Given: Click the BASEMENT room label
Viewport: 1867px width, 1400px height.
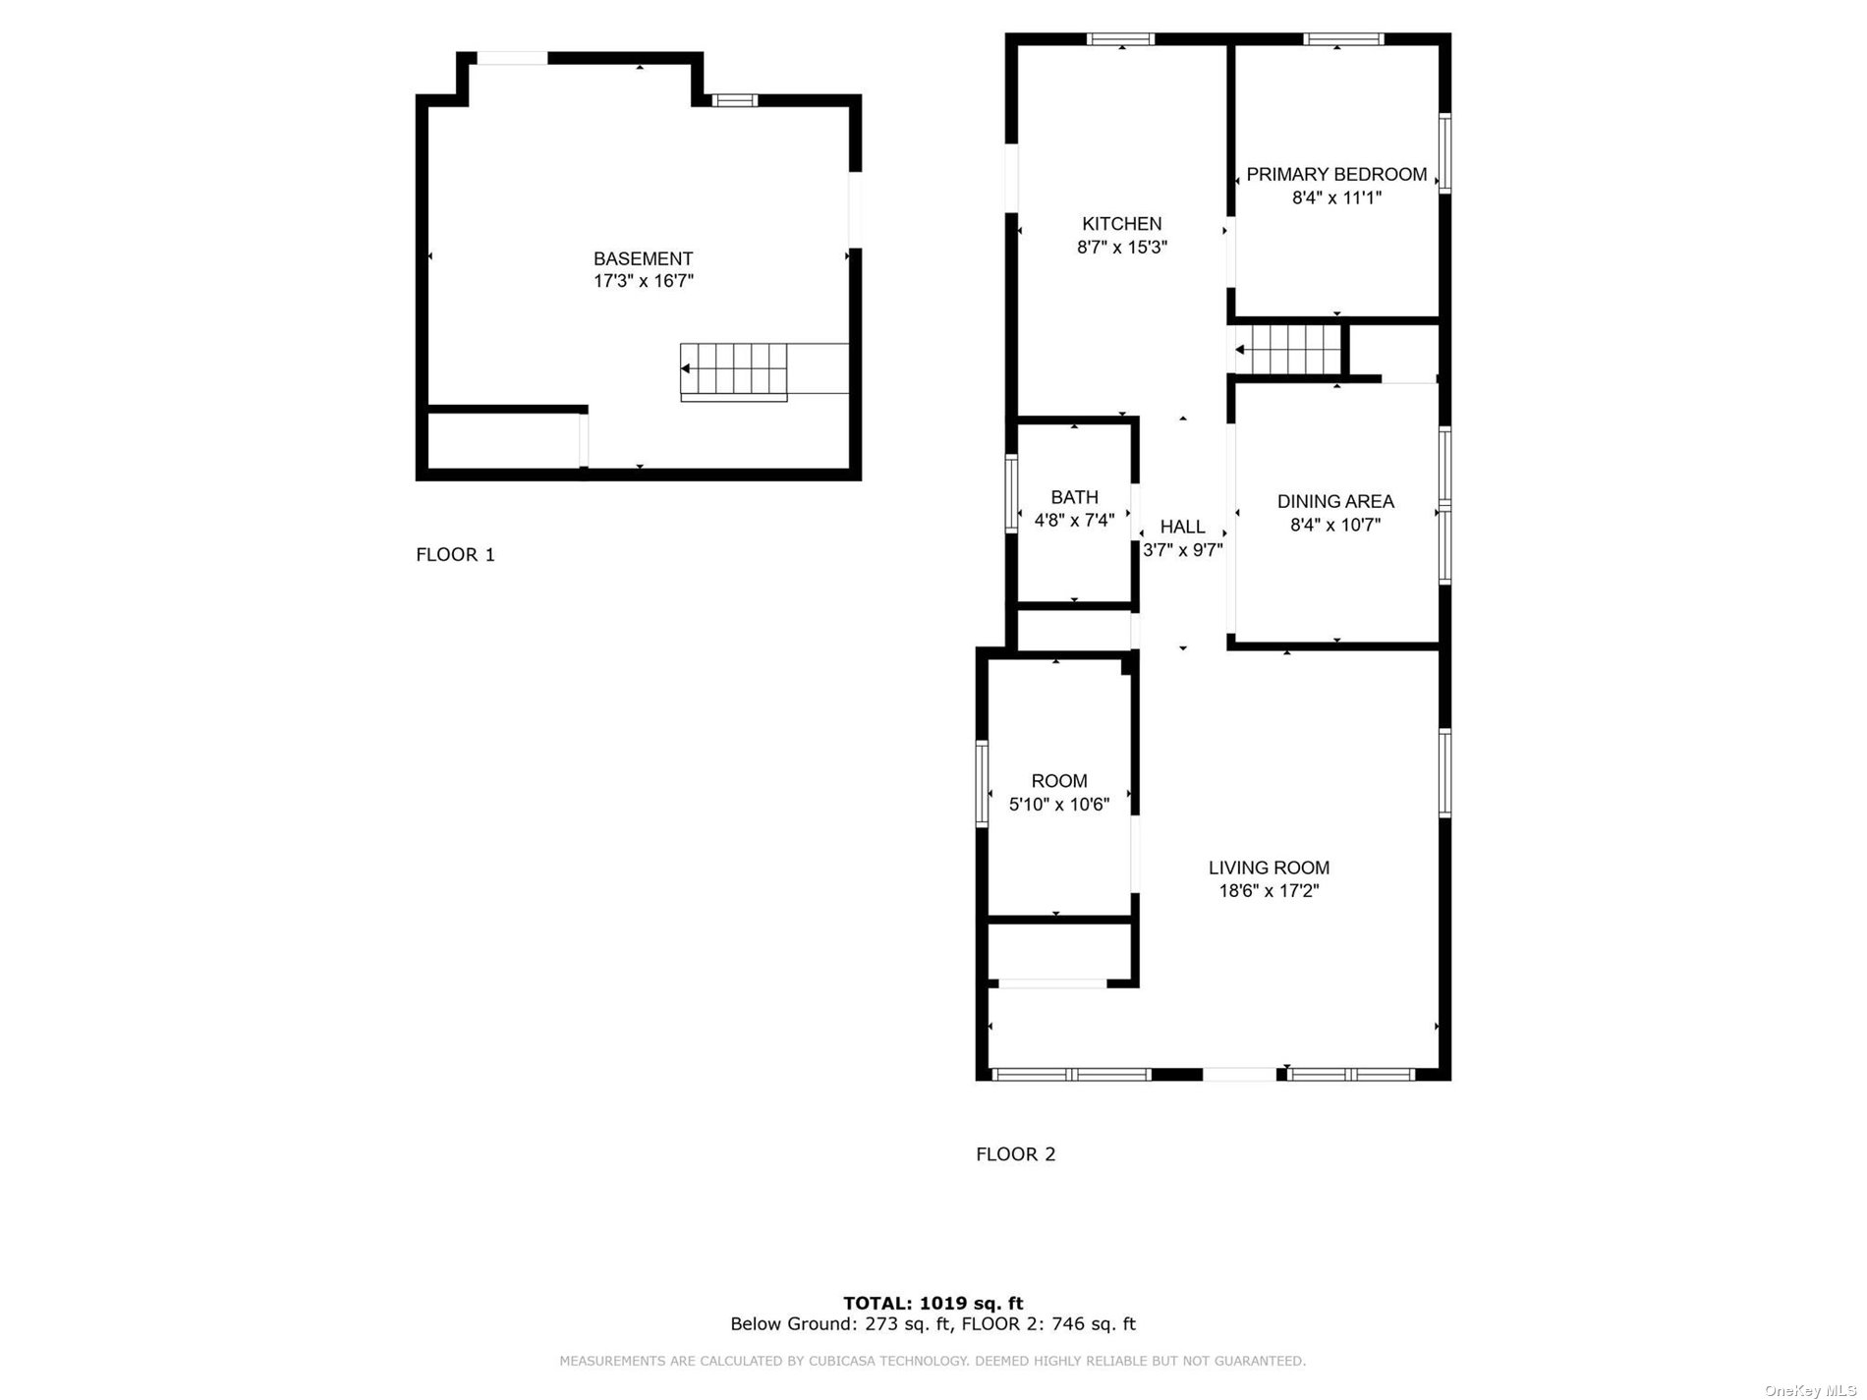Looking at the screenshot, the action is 643,258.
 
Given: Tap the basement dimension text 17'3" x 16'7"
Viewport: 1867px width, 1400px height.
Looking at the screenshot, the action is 643,281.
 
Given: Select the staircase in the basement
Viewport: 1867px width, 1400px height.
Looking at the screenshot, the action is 735,371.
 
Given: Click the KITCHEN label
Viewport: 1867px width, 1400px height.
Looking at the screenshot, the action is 1121,224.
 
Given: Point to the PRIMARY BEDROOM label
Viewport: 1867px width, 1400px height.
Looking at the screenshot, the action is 1336,174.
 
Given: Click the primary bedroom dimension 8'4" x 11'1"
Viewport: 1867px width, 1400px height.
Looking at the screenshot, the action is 1336,197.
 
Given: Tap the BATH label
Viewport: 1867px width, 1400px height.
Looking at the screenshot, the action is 1074,497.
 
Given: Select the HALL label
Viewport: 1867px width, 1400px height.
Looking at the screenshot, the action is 1182,527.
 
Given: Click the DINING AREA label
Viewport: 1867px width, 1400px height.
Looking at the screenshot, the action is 1335,501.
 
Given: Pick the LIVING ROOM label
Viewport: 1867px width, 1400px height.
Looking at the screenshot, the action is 1269,868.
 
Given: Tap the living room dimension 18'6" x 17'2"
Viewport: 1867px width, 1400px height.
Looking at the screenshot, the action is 1269,891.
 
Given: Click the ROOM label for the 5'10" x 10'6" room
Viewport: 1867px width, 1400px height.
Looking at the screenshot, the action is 1059,781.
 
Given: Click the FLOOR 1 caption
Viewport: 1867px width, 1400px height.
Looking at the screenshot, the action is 455,554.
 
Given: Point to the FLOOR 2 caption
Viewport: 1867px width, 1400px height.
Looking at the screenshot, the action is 1015,1153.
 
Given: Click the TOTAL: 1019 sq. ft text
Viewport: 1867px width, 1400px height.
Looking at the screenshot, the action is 933,1304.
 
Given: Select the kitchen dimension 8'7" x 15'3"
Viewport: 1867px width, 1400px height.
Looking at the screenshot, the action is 1121,248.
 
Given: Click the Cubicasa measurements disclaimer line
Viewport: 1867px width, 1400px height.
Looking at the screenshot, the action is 933,1361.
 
